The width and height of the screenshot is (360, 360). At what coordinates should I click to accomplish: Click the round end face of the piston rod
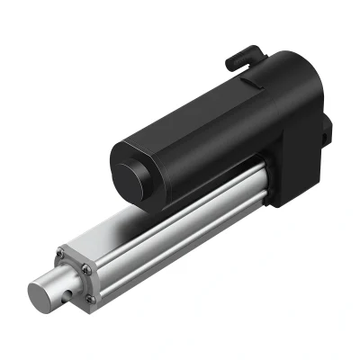pyautogui.click(x=42, y=296)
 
